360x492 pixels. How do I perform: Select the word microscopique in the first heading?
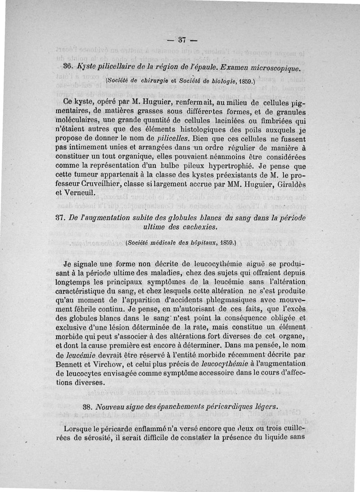pos(273,67)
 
